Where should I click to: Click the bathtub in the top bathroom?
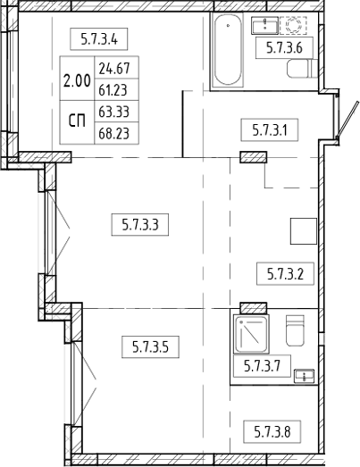tap(230, 51)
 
